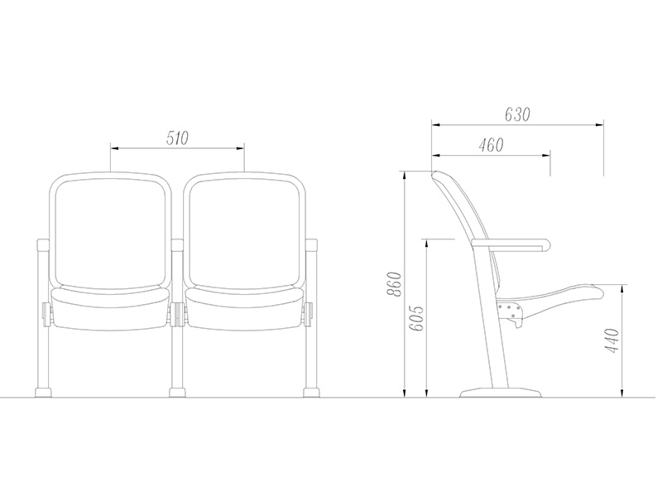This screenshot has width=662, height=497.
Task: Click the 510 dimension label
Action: [x=177, y=139]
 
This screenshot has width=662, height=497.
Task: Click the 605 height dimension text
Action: [x=416, y=318]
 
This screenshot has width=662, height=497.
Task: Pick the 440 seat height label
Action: [x=613, y=340]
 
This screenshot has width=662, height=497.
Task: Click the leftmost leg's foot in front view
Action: [x=43, y=391]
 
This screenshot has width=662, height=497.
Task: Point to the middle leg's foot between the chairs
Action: [x=177, y=391]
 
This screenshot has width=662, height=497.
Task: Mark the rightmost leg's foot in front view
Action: [x=311, y=391]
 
